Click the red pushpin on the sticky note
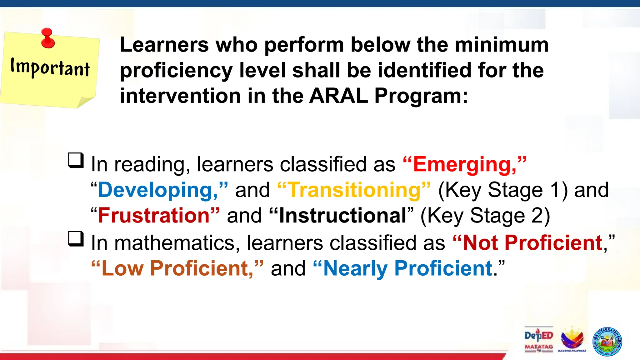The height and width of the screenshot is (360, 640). point(48,38)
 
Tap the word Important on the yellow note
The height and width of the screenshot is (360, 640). point(50,67)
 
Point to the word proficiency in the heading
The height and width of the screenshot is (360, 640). point(176,71)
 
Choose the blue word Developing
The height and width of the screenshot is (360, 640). point(158,190)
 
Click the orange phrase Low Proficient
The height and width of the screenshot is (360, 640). point(177,268)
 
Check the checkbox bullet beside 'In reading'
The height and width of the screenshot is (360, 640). point(76,160)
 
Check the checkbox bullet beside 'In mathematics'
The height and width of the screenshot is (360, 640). point(76,239)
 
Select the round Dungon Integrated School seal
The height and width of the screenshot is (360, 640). point(607,342)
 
